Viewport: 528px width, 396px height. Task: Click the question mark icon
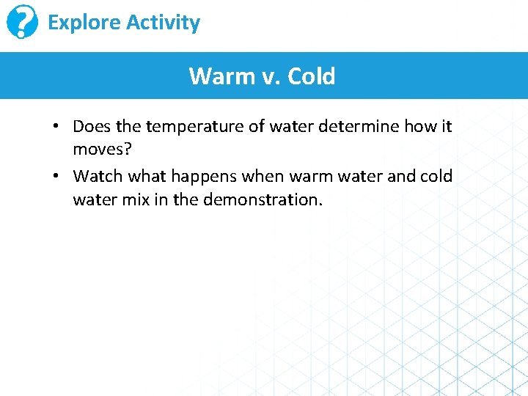22,23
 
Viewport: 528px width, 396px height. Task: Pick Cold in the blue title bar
312,76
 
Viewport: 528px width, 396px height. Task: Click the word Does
91,126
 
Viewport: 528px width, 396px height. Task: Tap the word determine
363,126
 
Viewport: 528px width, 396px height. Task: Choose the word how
421,126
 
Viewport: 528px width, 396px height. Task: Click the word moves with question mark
102,150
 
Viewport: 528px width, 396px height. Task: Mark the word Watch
98,176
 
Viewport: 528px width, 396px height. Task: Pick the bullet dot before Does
56,127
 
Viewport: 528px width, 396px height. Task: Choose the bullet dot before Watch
56,177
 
